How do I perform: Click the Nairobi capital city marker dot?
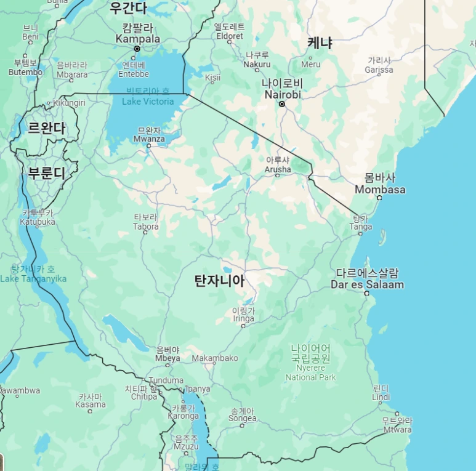282,104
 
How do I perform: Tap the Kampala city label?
138,39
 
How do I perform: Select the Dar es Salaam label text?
367,284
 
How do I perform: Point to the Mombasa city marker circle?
379,198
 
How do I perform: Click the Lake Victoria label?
148,101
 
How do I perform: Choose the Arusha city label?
277,169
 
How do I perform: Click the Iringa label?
243,318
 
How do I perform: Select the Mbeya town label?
168,358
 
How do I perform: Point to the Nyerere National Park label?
310,372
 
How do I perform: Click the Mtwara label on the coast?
397,429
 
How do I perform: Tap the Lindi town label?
381,397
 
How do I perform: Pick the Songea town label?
242,418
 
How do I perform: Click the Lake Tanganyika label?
33,278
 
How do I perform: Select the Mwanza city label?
149,139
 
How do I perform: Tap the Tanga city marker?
360,233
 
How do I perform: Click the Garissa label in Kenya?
379,70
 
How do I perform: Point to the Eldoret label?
229,36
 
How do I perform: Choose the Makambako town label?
215,358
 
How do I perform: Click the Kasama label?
91,405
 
